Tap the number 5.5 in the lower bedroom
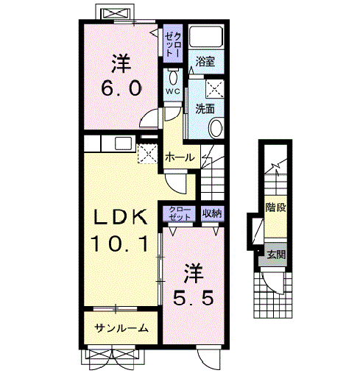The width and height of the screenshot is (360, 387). point(193,300)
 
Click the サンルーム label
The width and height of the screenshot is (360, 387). point(121,328)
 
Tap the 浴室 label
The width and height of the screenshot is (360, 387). point(205,63)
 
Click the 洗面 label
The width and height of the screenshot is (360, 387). point(205,108)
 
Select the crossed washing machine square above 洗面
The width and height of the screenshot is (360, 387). point(214,88)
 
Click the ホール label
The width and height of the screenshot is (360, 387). point(180,157)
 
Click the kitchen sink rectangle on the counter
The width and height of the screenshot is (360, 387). point(122,143)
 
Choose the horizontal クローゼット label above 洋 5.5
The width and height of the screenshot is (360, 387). point(180,214)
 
